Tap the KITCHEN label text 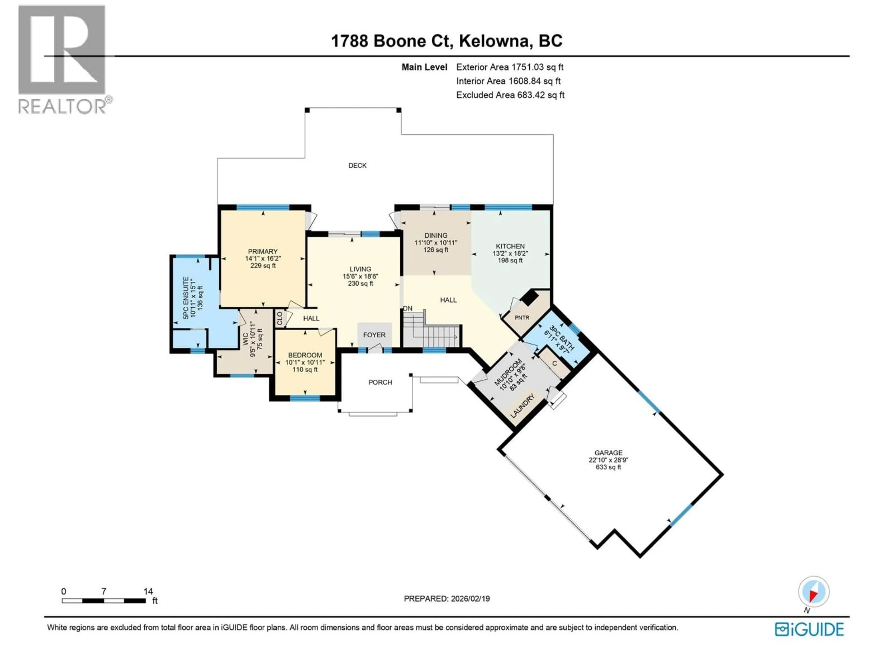[510, 246]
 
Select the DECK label [357, 165]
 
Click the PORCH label [380, 382]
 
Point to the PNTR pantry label [522, 318]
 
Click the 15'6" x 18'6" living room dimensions [360, 276]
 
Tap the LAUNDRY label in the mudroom [523, 406]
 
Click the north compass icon [814, 592]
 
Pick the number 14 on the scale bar [148, 591]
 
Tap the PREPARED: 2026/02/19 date [447, 599]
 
